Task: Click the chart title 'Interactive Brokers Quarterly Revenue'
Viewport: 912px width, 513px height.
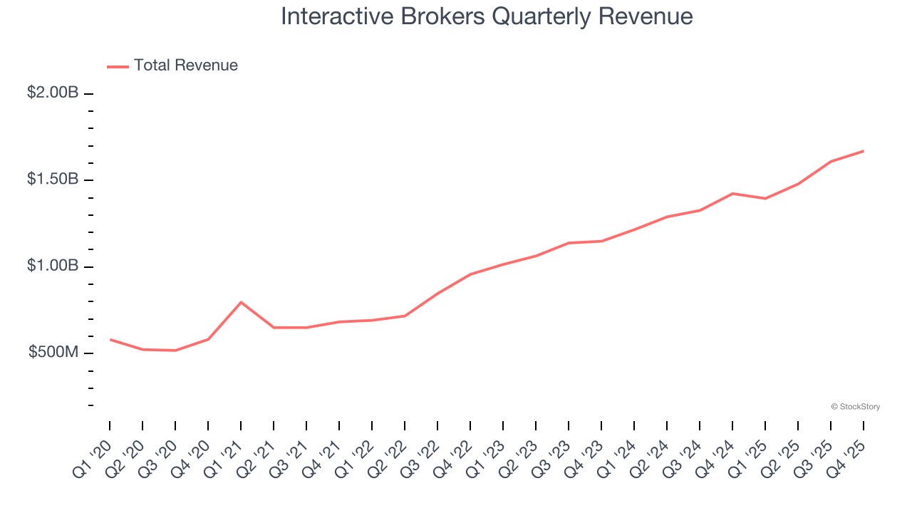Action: coord(487,16)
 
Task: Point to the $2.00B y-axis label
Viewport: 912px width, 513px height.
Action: coord(53,93)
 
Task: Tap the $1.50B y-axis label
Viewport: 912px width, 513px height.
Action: coord(53,179)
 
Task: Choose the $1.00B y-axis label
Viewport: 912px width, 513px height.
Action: coord(53,266)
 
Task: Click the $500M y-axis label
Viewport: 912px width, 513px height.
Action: coord(53,353)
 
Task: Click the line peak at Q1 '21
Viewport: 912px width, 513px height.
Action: coord(241,302)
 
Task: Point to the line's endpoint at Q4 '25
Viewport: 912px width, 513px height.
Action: coord(864,151)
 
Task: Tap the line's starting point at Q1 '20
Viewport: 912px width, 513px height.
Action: coord(110,340)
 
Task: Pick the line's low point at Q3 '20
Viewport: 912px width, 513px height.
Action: coord(175,351)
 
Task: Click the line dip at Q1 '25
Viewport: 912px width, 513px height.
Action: coord(765,199)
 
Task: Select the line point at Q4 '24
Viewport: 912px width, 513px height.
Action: coord(732,193)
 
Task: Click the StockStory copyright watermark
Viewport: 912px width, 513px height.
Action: coord(855,407)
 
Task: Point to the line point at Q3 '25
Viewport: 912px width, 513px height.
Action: coord(831,162)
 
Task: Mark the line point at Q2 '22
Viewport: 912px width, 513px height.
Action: coord(405,316)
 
